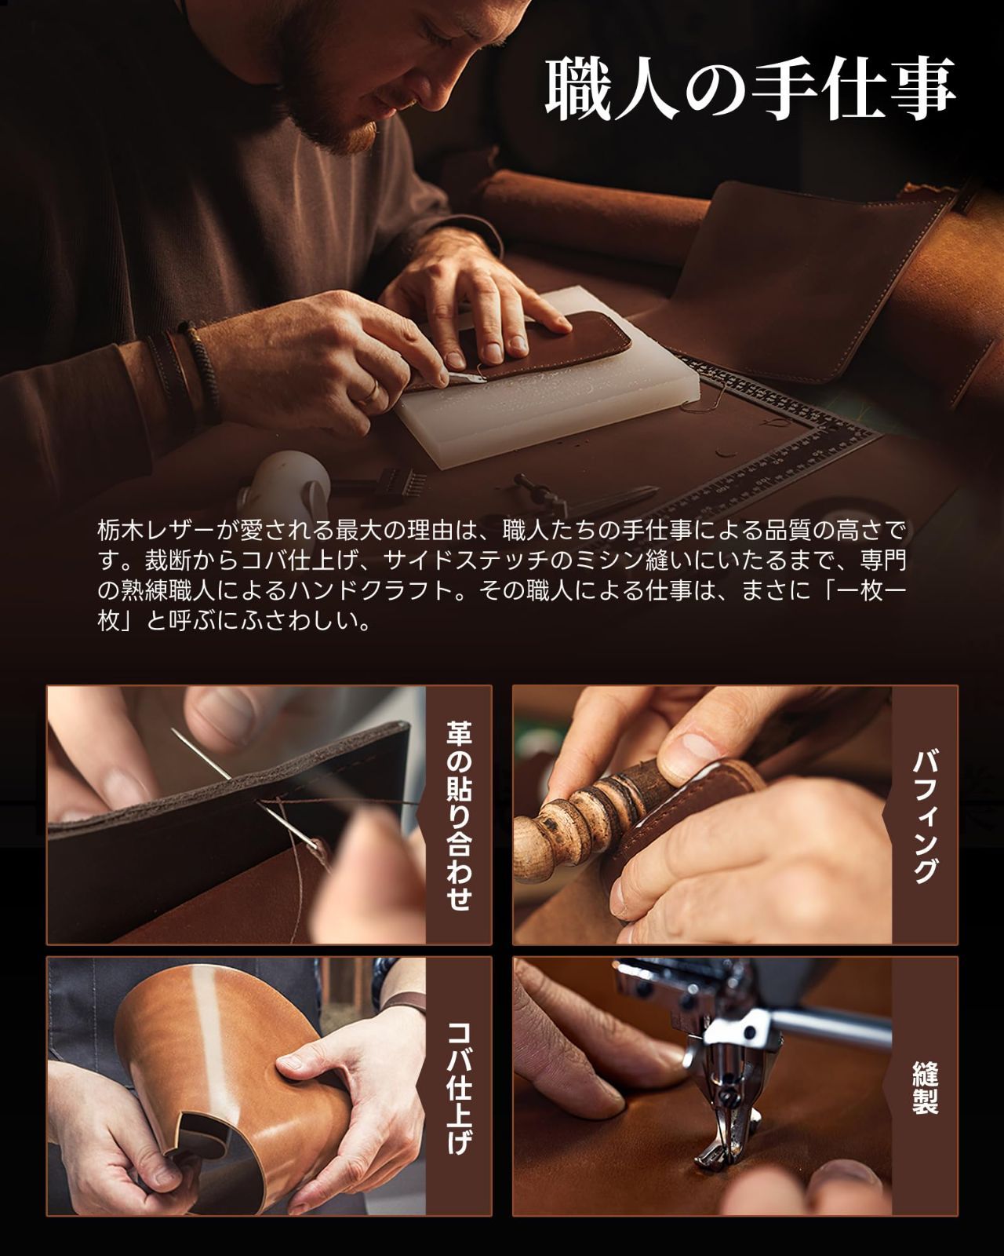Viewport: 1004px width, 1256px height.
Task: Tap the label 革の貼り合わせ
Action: pyautogui.click(x=458, y=816)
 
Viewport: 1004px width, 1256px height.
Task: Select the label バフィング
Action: pyautogui.click(x=925, y=816)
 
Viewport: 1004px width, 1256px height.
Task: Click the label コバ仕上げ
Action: pyautogui.click(x=458, y=1087)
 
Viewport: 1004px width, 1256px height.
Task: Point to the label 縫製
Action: pyautogui.click(x=925, y=1087)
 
